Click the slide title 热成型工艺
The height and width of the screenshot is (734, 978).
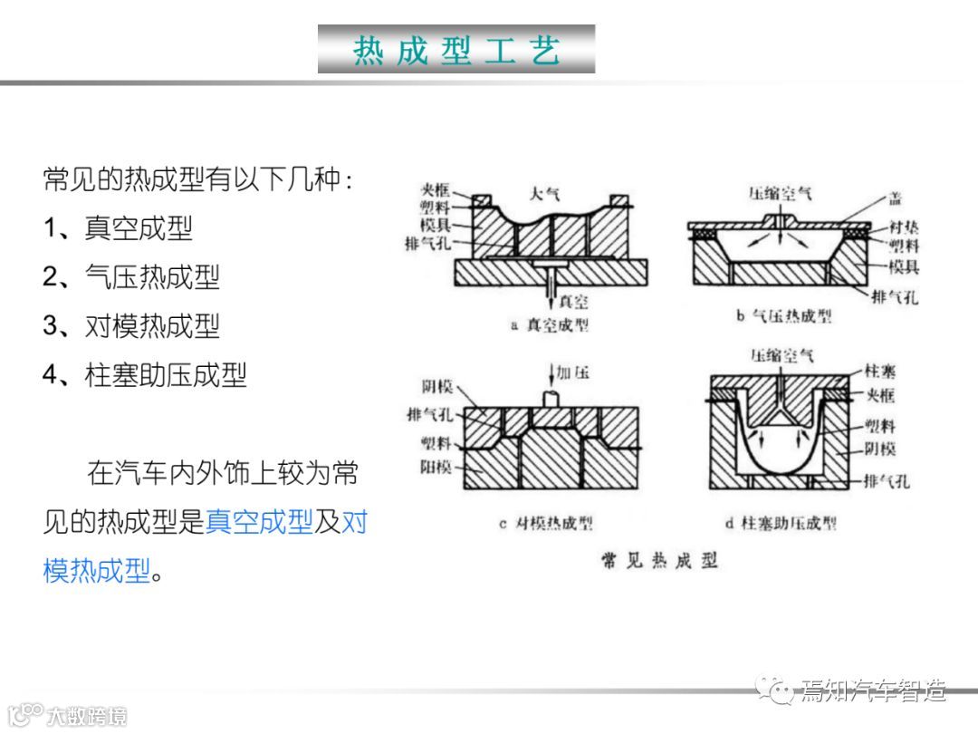tap(456, 50)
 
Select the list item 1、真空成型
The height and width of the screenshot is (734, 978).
tap(118, 227)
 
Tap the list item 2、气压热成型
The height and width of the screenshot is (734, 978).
tap(131, 276)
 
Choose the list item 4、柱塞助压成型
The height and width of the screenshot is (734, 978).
tap(145, 374)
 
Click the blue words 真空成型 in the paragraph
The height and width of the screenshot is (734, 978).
tap(259, 522)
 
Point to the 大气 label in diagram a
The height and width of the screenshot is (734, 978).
tap(544, 193)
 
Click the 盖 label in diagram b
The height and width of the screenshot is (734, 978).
tap(895, 198)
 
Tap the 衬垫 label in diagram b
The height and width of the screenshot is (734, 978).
tap(903, 227)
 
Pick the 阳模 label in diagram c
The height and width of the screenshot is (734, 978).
tap(436, 468)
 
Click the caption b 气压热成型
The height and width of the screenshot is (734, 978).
tap(784, 316)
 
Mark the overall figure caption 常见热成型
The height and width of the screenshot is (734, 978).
tap(660, 561)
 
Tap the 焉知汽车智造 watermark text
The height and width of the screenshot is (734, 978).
tap(873, 692)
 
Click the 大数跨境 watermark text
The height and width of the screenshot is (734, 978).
tap(87, 716)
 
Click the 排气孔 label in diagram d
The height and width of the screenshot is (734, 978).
tap(887, 481)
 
